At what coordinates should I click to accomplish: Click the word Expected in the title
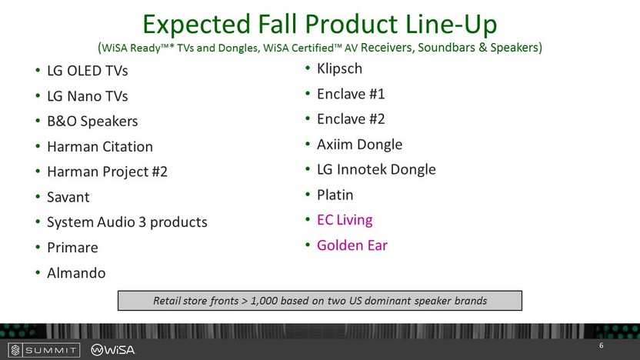point(196,25)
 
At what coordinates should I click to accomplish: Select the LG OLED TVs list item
point(88,71)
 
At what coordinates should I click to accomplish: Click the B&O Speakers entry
point(92,122)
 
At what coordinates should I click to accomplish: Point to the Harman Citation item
point(100,146)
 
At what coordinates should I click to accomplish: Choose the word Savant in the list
point(68,197)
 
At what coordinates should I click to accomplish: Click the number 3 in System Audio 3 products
point(142,222)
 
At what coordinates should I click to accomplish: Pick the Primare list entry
point(72,248)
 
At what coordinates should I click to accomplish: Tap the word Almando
point(76,272)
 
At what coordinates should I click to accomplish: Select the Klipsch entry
point(339,68)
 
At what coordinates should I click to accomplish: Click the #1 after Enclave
point(377,94)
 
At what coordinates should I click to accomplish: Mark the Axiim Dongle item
point(359,145)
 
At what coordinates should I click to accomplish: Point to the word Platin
point(335,195)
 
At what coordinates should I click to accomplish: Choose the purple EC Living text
point(345,220)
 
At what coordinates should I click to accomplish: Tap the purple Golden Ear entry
point(352,245)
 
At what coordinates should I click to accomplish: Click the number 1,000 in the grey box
point(264,301)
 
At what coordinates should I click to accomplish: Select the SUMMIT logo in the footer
point(44,350)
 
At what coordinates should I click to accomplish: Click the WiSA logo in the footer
point(112,350)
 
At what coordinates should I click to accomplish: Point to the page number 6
point(602,345)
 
